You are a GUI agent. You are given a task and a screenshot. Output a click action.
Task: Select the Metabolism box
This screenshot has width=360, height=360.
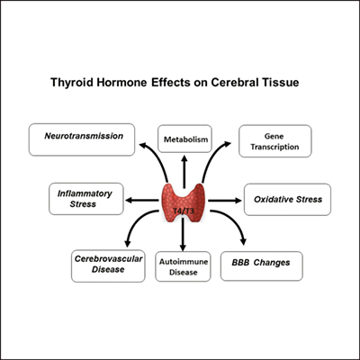(x=184, y=139)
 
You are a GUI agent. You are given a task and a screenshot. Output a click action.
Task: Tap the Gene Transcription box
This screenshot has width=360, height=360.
(x=274, y=140)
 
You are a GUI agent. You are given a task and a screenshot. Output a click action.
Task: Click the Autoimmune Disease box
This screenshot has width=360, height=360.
(x=184, y=264)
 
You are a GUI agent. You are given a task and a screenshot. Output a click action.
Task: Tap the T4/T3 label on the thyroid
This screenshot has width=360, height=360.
(x=184, y=210)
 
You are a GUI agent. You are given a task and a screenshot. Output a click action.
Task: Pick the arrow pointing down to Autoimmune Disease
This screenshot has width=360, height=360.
(x=184, y=236)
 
